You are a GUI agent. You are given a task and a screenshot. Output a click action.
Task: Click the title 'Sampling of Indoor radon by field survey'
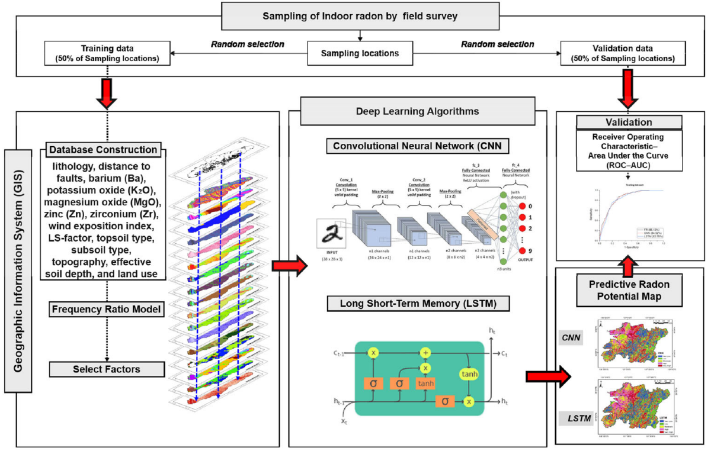(360, 15)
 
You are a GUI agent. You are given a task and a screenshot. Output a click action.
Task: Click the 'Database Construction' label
(103, 150)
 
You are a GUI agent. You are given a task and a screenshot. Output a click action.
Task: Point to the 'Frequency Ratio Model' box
(107, 308)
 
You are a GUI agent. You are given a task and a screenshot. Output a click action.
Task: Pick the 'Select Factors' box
(107, 369)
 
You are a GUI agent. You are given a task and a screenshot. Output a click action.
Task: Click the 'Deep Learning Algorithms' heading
(418, 111)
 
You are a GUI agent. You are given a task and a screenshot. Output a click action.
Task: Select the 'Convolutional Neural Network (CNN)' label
(418, 146)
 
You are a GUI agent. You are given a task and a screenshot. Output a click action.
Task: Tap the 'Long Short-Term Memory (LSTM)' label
(418, 304)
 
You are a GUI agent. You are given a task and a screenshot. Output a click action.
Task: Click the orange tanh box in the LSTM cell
(425, 383)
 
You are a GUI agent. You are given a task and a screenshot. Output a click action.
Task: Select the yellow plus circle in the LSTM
(425, 353)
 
